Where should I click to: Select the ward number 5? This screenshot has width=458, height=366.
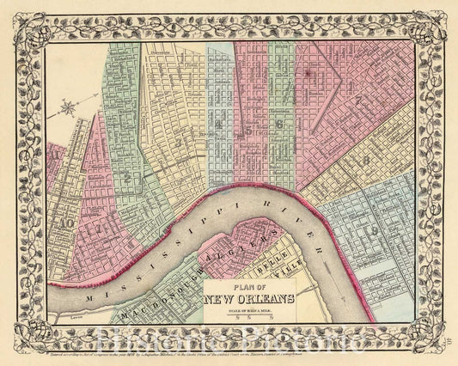point(249,131)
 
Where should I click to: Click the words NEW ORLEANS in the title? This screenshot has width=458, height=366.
point(251,299)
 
